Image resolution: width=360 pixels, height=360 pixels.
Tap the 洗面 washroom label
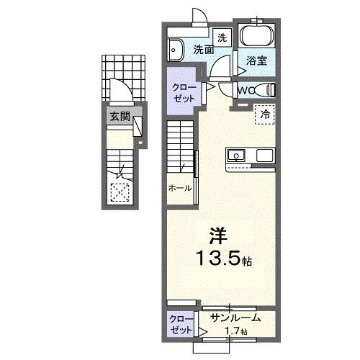(x=203, y=50)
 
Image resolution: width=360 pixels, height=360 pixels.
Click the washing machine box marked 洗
(x=222, y=37)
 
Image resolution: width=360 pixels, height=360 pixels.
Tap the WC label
(x=246, y=91)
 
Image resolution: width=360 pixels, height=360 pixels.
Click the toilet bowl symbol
(x=268, y=90)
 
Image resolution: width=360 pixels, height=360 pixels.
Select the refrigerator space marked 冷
(x=264, y=114)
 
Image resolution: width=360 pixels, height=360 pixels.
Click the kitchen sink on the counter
(x=238, y=155)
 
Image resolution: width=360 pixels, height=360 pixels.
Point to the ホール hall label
(x=180, y=188)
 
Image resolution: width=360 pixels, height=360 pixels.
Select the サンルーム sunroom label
(x=235, y=318)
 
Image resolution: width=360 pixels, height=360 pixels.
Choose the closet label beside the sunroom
(x=180, y=323)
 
